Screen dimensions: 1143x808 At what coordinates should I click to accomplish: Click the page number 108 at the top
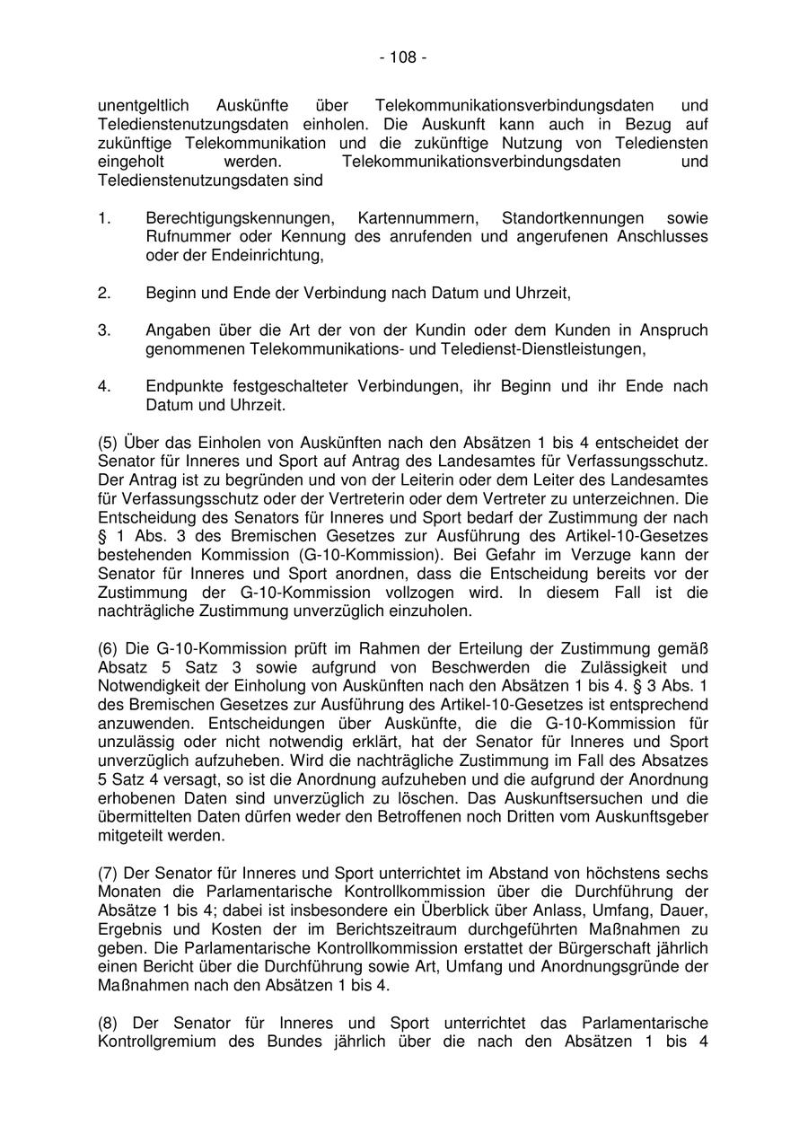coord(403,58)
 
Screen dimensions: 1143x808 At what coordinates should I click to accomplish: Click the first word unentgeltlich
coord(143,106)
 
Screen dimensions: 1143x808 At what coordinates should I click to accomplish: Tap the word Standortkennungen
coord(573,218)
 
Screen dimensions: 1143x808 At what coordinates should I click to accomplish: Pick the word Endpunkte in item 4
coord(184,387)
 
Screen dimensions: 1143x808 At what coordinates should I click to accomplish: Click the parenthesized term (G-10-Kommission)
coord(363,555)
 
